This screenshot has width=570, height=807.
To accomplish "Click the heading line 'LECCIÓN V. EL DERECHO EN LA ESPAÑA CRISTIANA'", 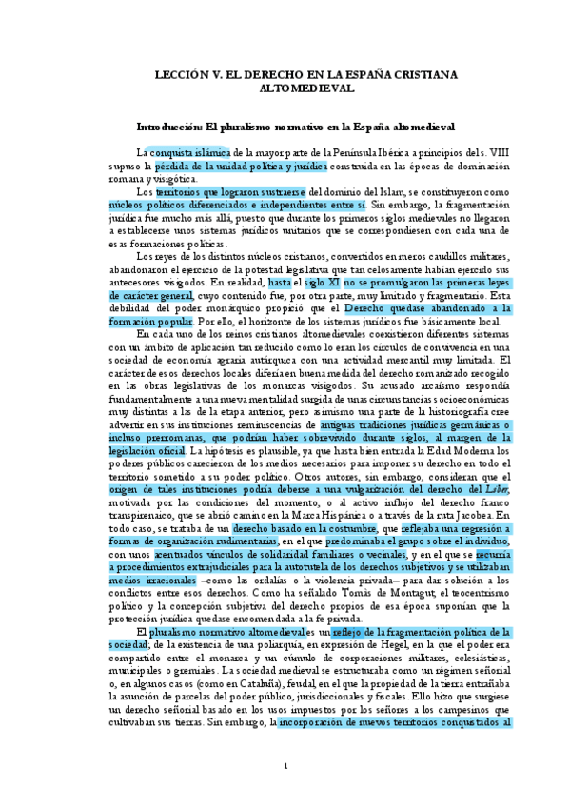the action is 285,73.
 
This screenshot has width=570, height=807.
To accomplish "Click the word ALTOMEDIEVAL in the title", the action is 285,88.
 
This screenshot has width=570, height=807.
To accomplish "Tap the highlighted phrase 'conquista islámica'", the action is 190,151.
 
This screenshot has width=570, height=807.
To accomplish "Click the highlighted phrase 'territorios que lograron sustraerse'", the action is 231,191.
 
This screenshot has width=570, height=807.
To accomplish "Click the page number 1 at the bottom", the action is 285,766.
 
